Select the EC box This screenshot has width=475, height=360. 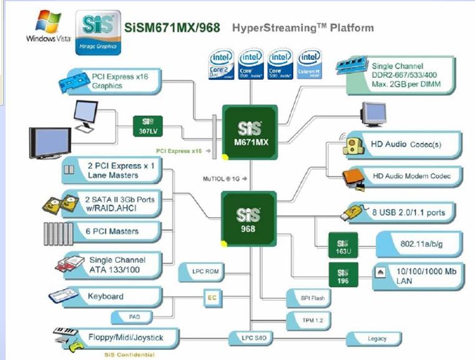pyautogui.click(x=212, y=297)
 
